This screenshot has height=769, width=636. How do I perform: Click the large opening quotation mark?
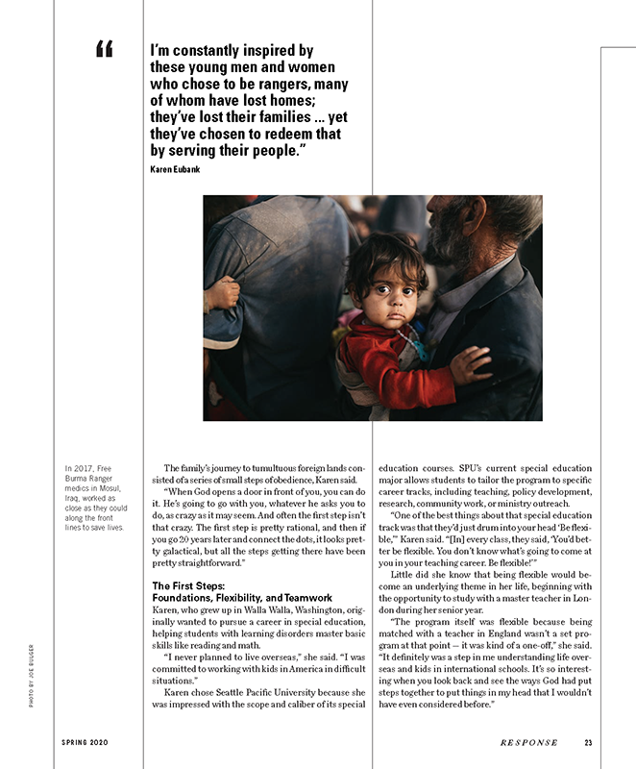coord(105,49)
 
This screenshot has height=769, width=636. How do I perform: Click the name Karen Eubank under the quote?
coord(175,169)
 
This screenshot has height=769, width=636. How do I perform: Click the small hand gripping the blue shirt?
coord(222,292)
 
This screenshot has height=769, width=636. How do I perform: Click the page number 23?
coord(588,742)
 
